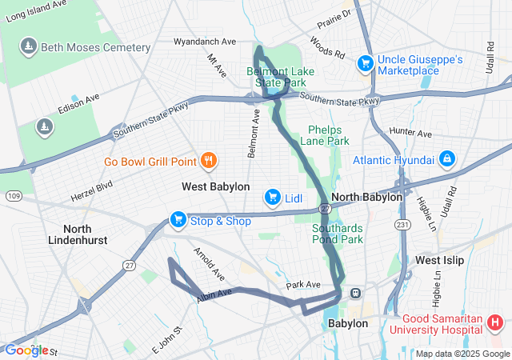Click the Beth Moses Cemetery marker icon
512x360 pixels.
click(30, 46)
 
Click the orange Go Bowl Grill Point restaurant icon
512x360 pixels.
click(209, 161)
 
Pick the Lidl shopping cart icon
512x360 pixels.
click(273, 197)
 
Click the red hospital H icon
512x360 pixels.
click(495, 323)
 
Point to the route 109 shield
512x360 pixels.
click(14, 195)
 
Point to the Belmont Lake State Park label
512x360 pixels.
click(280, 77)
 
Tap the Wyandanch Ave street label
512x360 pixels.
click(206, 41)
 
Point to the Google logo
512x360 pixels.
click(26, 350)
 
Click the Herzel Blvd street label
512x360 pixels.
click(93, 193)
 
